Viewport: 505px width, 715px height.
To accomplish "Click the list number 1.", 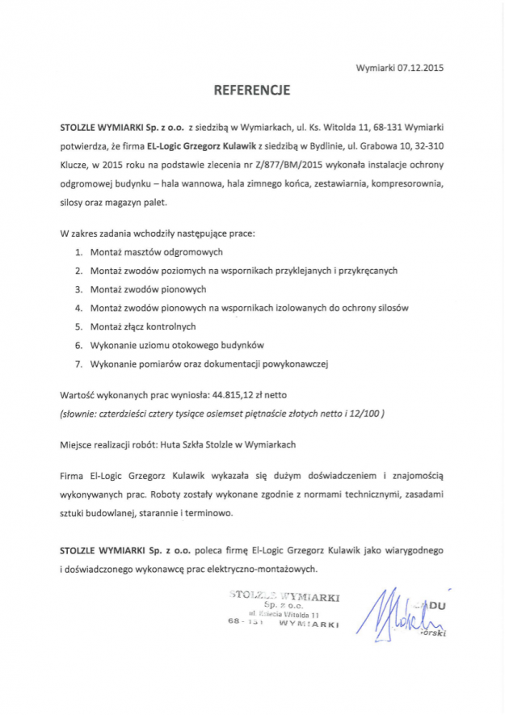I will coord(78,252).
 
